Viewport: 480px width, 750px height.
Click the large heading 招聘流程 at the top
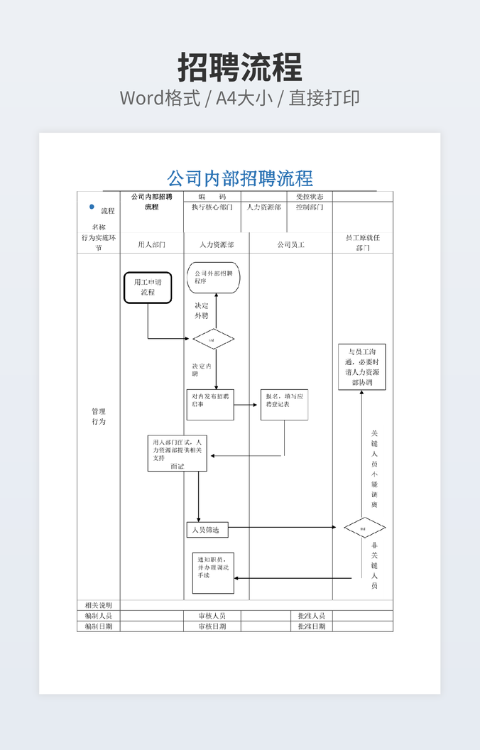(240, 67)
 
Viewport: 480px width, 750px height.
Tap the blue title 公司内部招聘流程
(240, 178)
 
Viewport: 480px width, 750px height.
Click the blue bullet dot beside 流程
(91, 207)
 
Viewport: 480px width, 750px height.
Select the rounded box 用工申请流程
(148, 287)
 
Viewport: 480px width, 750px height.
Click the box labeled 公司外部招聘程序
(214, 277)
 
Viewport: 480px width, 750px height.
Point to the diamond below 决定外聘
(214, 339)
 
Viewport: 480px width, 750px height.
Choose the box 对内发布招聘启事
(209, 405)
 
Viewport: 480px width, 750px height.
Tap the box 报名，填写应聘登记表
(284, 405)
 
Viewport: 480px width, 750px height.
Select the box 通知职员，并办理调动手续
(212, 572)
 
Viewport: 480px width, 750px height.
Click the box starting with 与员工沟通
(362, 366)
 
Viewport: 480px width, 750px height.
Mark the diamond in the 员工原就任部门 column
(364, 528)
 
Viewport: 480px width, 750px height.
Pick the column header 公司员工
(290, 244)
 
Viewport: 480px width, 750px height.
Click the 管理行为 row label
(98, 416)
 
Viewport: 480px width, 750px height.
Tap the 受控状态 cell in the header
(310, 197)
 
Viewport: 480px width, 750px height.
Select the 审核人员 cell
(212, 616)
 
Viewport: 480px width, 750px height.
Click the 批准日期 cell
(311, 626)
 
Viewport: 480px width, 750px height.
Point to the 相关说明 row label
(98, 605)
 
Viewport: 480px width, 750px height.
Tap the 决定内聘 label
(200, 369)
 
